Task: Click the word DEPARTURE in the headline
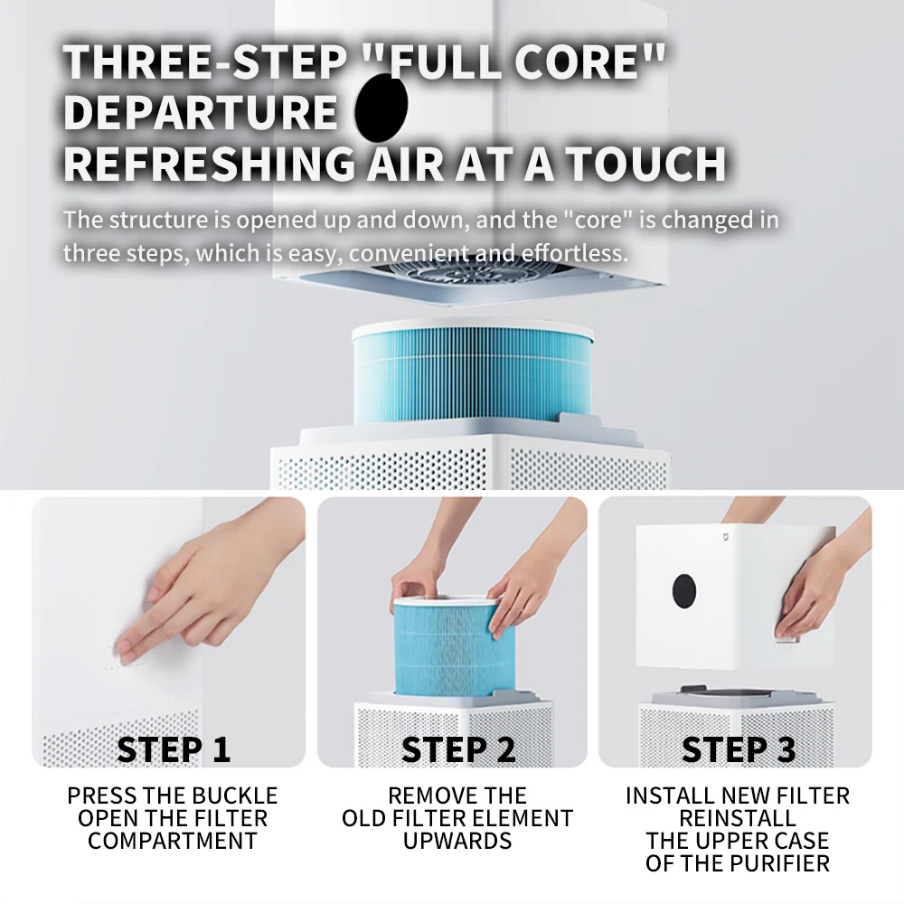click(x=201, y=112)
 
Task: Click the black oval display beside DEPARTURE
click(x=381, y=104)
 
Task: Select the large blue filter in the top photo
click(x=472, y=373)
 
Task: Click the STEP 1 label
click(x=174, y=749)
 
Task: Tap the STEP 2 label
click(x=457, y=749)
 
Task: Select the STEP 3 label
click(x=739, y=749)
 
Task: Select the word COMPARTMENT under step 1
click(x=173, y=841)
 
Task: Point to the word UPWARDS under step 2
click(x=457, y=841)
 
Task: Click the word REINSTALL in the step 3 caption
click(x=738, y=818)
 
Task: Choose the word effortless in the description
click(x=575, y=253)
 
